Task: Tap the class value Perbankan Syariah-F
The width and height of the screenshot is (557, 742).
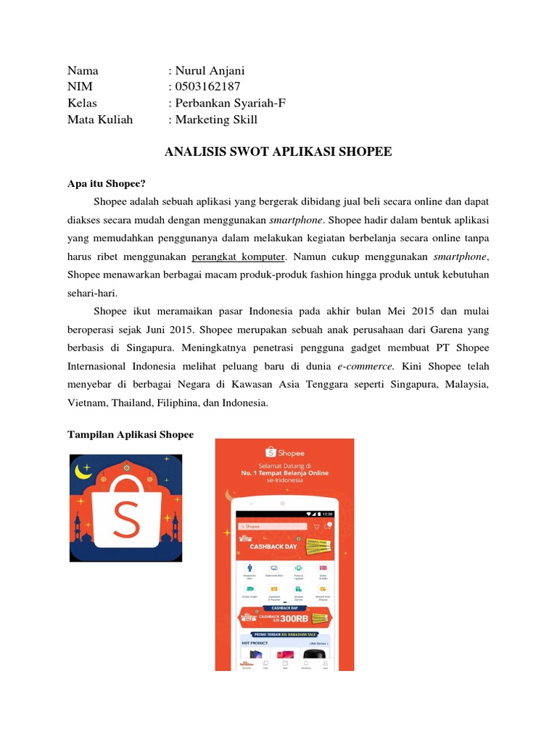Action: click(x=229, y=103)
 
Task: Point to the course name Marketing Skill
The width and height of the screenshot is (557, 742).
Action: click(x=215, y=120)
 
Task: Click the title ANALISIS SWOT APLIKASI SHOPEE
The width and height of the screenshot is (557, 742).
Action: click(x=278, y=151)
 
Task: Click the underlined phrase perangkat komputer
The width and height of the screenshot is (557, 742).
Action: click(x=239, y=256)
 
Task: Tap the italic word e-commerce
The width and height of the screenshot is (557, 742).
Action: click(x=372, y=366)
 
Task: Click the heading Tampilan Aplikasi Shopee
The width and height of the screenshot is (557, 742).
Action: click(x=131, y=434)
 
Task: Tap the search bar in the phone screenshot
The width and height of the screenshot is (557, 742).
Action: click(x=272, y=526)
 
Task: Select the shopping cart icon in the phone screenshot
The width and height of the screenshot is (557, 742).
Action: click(x=316, y=526)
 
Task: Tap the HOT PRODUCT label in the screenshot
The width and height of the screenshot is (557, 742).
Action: click(x=256, y=643)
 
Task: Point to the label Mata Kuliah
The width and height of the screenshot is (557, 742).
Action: click(x=100, y=120)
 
